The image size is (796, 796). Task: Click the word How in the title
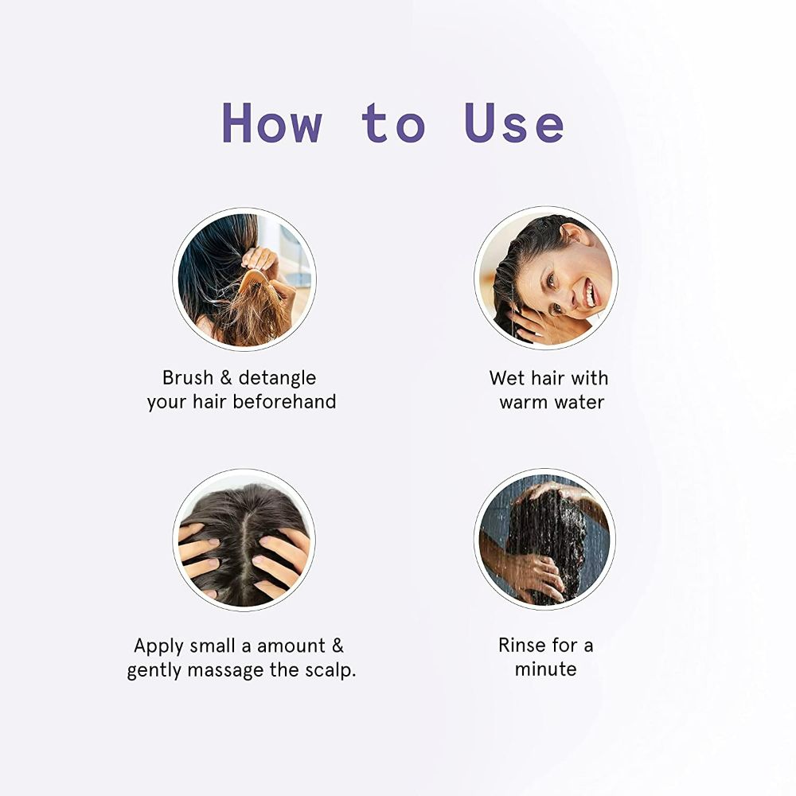[272, 123]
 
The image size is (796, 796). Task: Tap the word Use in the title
[514, 123]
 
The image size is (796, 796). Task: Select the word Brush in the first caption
[188, 377]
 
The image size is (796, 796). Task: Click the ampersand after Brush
[226, 377]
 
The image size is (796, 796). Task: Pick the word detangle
[277, 379]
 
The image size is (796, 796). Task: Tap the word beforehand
[284, 401]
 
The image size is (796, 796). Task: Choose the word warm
[524, 403]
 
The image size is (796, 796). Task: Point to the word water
[579, 403]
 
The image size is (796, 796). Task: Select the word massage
[225, 671]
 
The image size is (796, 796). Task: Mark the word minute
[546, 669]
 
